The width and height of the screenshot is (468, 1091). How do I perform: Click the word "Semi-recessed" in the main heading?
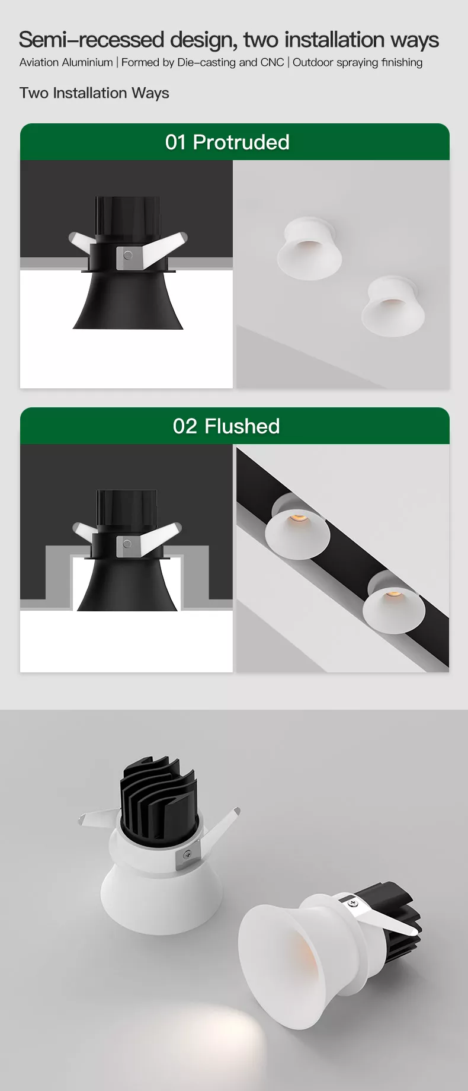point(92,40)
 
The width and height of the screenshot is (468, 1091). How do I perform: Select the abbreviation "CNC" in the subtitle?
point(273,62)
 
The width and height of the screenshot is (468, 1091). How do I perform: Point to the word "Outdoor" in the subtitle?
point(313,62)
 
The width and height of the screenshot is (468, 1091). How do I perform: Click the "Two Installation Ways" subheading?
point(94,93)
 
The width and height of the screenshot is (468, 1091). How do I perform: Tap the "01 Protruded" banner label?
point(227,142)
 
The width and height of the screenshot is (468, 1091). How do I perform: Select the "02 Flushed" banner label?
point(226,426)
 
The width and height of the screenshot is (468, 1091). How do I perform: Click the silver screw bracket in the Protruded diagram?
point(128,256)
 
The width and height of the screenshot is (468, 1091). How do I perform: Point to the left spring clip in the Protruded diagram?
point(81,242)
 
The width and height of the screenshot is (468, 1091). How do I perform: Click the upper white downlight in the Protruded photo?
point(309,248)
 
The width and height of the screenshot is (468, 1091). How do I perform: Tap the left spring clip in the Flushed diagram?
point(84,530)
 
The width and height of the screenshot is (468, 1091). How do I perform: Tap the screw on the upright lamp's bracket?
point(187,854)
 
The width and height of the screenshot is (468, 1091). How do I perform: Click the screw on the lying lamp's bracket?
point(354,902)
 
